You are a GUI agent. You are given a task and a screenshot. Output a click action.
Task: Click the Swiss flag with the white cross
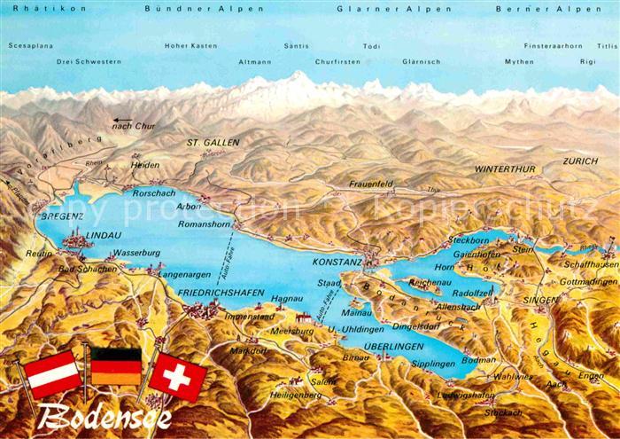click(179, 375)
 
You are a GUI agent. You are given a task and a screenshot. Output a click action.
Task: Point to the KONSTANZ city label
click(338, 263)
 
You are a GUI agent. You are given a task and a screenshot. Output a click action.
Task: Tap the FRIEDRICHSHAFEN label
click(221, 291)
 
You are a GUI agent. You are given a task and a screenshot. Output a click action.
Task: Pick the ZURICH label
click(580, 161)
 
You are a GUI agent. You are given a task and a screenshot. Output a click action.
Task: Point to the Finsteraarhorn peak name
click(554, 45)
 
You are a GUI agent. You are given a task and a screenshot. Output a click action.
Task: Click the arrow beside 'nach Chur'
click(121, 121)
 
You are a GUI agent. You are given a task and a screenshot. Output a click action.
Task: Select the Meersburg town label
click(296, 331)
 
